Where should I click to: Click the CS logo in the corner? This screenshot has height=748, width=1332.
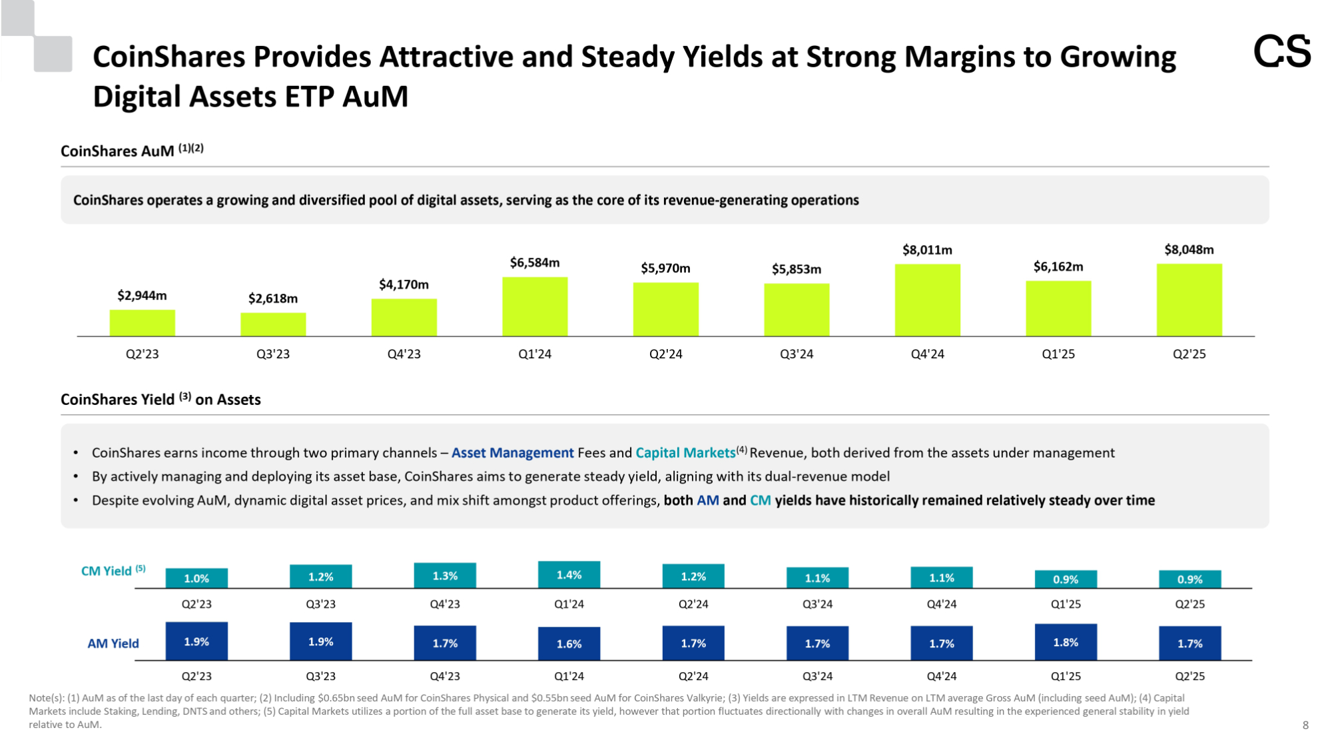coord(1281,52)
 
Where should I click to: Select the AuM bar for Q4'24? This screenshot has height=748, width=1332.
coord(927,300)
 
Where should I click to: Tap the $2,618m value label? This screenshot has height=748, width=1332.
coord(273,298)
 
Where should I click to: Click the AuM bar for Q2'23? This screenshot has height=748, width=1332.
coord(143,323)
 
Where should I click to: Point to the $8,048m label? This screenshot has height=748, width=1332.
coord(1189,250)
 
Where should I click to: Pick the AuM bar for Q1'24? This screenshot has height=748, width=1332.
coord(535,306)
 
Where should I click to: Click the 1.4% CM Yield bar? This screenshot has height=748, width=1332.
coord(569,575)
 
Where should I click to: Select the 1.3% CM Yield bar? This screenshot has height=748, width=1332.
coord(445,575)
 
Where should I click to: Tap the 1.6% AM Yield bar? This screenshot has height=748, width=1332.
coord(569,643)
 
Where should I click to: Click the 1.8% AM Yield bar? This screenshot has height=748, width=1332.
coord(1066,642)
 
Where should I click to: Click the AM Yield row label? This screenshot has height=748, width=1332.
coord(113,643)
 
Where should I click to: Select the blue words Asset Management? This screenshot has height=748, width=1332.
coord(512,453)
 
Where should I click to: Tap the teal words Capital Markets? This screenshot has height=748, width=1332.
coord(685,453)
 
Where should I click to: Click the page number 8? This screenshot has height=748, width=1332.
coord(1305,725)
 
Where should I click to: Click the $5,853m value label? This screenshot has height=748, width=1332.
coord(797,269)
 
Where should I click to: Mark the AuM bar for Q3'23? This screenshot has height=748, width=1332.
coord(273,324)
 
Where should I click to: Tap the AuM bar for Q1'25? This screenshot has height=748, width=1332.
coord(1058,308)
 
